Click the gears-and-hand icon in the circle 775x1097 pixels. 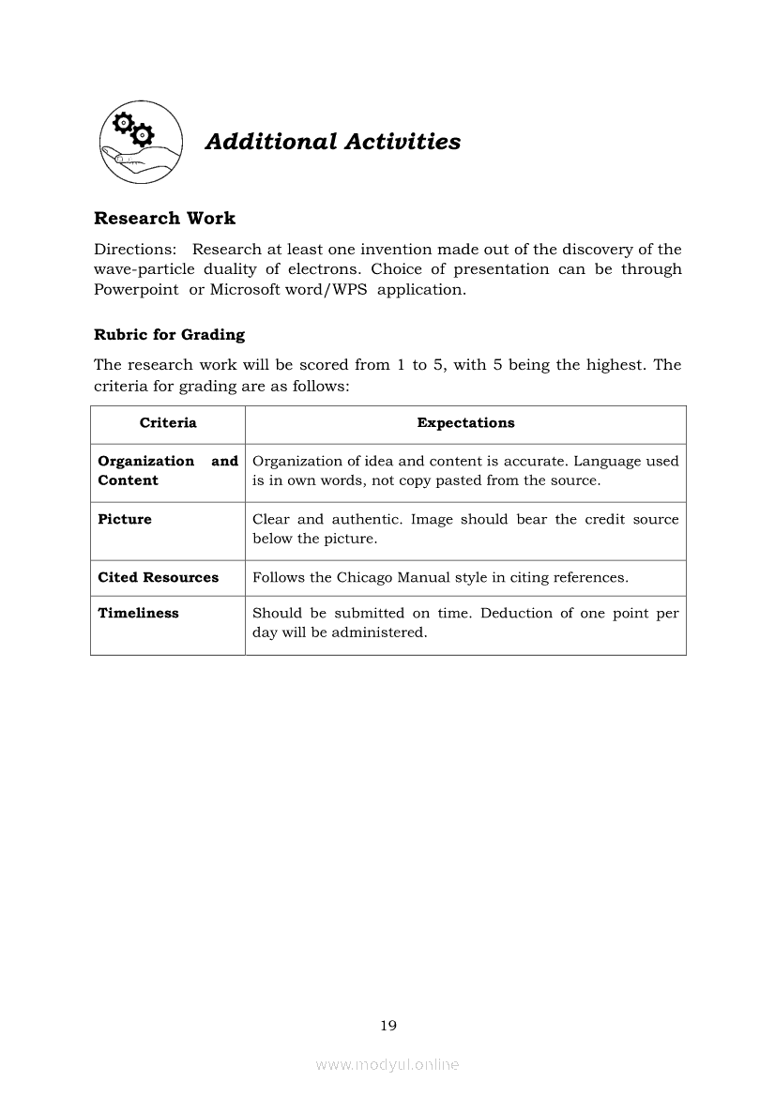click(141, 142)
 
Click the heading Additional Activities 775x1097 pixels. click(333, 142)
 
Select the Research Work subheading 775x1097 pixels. click(164, 219)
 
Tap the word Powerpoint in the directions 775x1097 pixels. click(136, 289)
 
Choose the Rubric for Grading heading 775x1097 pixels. click(169, 335)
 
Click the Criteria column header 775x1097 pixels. click(168, 423)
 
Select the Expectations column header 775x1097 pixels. click(465, 423)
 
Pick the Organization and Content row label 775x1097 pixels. click(168, 471)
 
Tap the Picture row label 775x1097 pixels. click(125, 520)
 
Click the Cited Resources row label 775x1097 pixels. click(158, 578)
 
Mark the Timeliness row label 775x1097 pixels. click(138, 614)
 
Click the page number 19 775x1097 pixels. click(388, 1026)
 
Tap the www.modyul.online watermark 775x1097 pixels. click(387, 1065)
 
